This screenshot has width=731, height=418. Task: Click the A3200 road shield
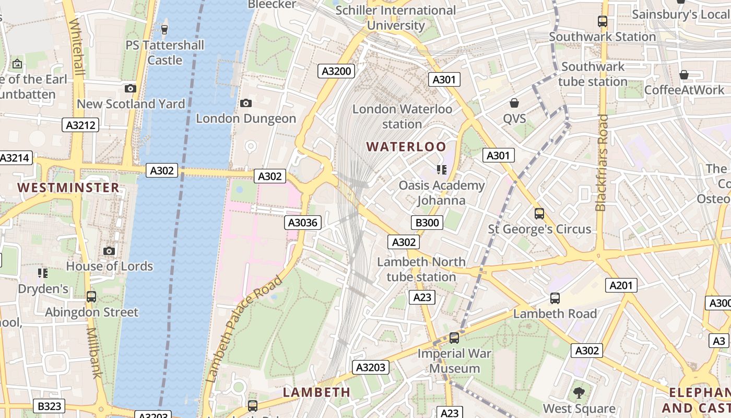click(x=337, y=72)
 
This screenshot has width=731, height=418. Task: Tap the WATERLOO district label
click(x=406, y=146)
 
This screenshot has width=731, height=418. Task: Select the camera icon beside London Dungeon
click(x=246, y=103)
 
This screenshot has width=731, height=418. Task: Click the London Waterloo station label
click(x=402, y=117)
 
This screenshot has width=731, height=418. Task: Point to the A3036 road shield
click(x=303, y=223)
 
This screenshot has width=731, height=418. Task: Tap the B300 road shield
click(x=427, y=223)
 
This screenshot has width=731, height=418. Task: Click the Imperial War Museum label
click(x=454, y=361)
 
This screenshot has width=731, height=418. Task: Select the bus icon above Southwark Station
click(x=602, y=21)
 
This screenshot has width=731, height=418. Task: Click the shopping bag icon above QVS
click(x=514, y=103)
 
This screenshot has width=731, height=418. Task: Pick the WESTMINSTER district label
click(x=68, y=188)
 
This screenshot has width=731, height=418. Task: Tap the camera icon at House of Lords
click(x=109, y=251)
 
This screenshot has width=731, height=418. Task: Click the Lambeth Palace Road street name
click(x=245, y=329)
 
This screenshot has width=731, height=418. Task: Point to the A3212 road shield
click(x=80, y=125)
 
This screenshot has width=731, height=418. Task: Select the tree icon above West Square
click(x=579, y=392)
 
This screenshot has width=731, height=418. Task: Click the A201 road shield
click(x=621, y=285)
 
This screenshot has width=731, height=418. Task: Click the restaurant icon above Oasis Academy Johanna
click(x=442, y=170)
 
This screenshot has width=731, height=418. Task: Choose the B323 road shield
click(x=50, y=406)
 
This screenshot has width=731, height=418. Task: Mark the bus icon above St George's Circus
click(x=539, y=214)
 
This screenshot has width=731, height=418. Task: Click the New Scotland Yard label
click(x=131, y=104)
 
